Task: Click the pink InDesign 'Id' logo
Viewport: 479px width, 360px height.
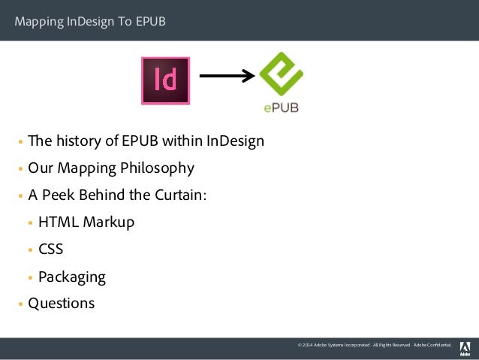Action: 165,80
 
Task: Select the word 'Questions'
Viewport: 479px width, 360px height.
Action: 62,304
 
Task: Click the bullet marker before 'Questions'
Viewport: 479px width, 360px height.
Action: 21,304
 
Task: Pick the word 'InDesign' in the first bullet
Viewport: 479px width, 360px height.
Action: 235,141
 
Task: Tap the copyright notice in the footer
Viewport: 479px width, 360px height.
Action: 375,345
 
